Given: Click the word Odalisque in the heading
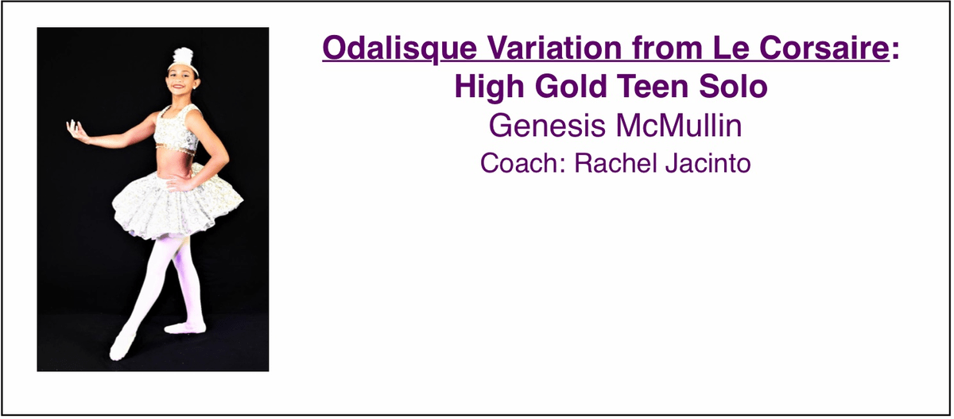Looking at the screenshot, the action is [x=400, y=49].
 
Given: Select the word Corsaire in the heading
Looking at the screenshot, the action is [x=824, y=48].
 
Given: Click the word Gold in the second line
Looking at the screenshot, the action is [x=571, y=86].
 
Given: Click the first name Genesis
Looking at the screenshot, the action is [x=547, y=126].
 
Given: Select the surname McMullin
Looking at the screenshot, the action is [x=679, y=125].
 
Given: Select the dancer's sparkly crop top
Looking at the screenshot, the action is [x=176, y=128].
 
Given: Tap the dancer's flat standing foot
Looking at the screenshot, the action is [x=185, y=328].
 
